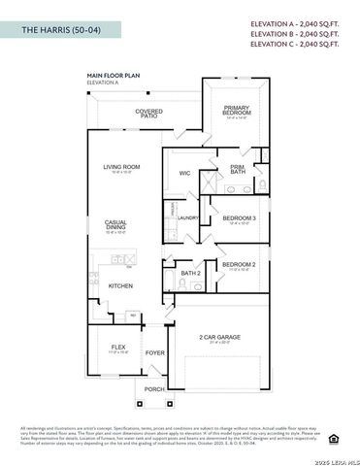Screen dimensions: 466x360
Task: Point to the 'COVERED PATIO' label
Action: (149, 114)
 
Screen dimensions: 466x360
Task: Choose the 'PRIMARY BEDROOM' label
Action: (237, 110)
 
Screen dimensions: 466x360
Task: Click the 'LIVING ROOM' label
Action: (122, 167)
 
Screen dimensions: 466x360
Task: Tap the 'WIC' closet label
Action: (184, 174)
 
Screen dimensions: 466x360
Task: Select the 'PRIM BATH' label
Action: (237, 169)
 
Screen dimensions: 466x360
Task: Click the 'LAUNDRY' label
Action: (187, 217)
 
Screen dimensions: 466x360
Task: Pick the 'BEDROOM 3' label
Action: (239, 218)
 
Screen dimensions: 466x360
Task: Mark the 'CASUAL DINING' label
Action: (115, 225)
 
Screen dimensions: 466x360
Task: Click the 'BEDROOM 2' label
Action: (239, 264)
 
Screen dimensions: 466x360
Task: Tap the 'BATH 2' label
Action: (190, 273)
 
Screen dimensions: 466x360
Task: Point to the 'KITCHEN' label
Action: (120, 285)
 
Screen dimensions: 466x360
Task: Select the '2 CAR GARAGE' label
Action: (224, 337)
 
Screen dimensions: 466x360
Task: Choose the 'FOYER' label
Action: (155, 353)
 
